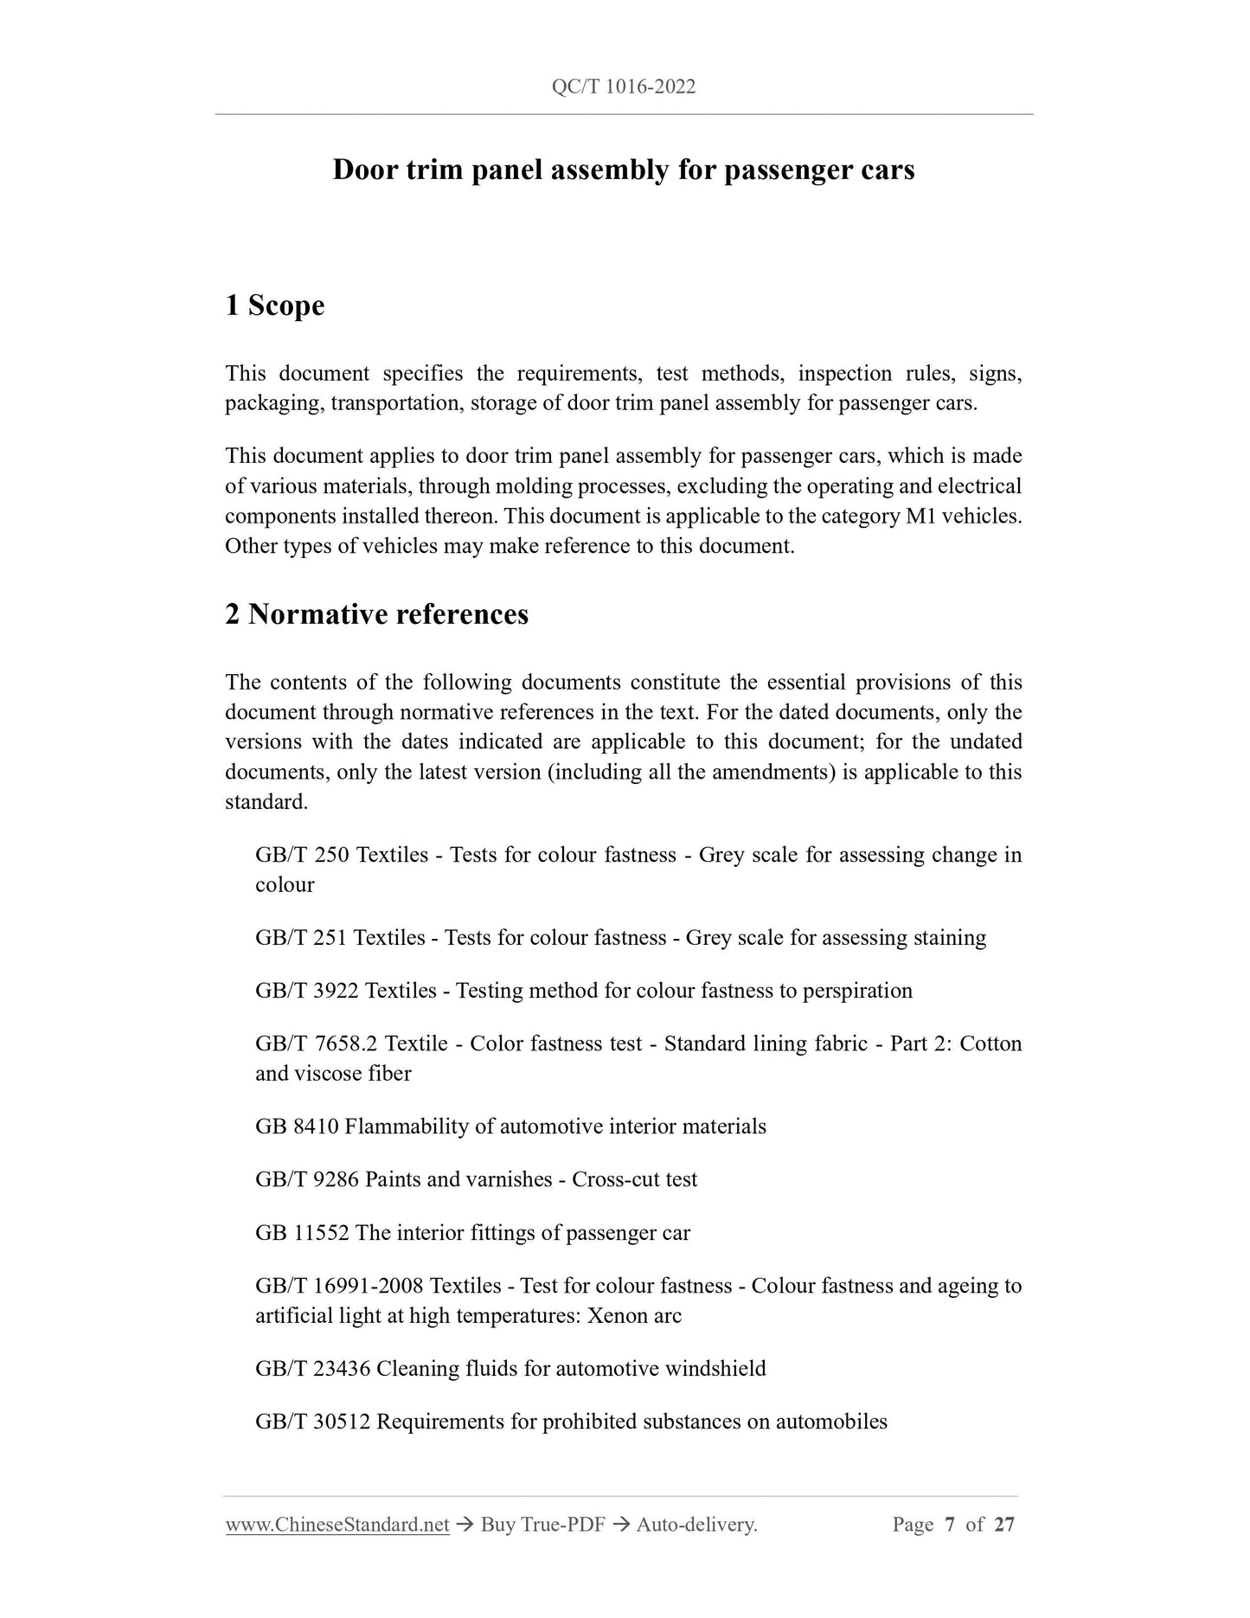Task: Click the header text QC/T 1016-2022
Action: (x=623, y=87)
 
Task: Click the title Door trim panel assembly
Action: (x=623, y=170)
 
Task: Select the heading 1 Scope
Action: (x=274, y=305)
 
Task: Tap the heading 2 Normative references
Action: (x=376, y=614)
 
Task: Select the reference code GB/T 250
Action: (x=302, y=855)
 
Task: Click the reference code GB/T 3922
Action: (x=307, y=991)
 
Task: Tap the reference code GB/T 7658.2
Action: (x=317, y=1043)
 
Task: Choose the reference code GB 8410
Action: (x=297, y=1127)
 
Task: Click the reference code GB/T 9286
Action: (x=307, y=1179)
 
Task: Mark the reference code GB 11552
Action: (x=302, y=1233)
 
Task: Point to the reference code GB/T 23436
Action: (x=313, y=1369)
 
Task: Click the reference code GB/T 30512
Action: (x=313, y=1422)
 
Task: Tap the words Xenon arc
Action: (x=634, y=1316)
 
